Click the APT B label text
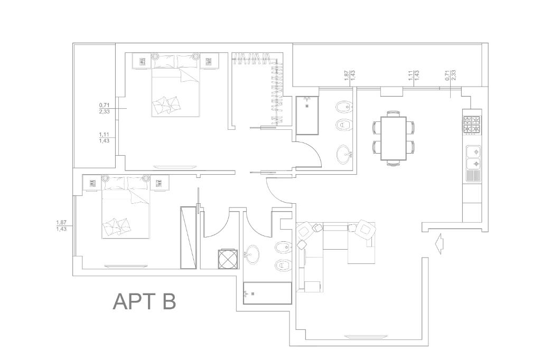[x=144, y=301]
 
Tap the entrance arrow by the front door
[x=439, y=245]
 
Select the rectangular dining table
[x=394, y=138]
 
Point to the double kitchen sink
[x=473, y=157]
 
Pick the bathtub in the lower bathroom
[x=267, y=293]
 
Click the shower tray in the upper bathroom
[x=307, y=115]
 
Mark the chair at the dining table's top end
[x=393, y=113]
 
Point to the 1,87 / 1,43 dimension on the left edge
[x=61, y=225]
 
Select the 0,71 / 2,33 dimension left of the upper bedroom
[x=104, y=108]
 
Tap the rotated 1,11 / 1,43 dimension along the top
[x=413, y=75]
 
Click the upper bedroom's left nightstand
[x=142, y=61]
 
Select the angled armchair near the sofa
[x=365, y=230]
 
